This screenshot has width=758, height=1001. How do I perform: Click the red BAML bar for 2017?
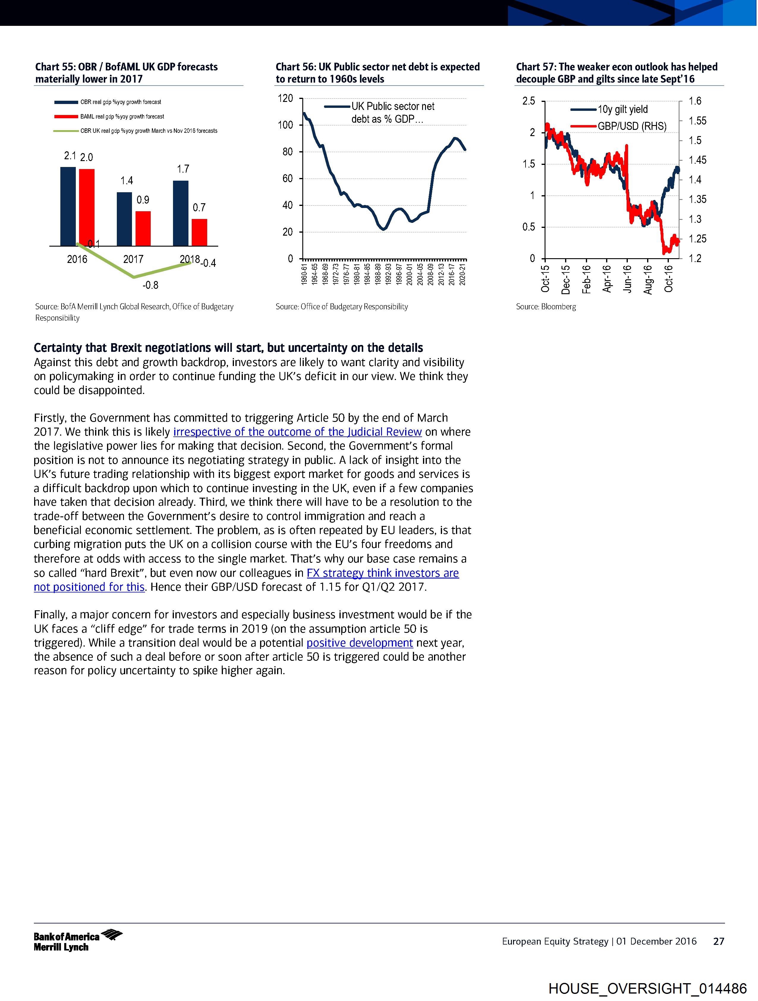coord(143,228)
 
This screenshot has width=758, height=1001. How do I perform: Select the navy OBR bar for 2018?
coord(181,213)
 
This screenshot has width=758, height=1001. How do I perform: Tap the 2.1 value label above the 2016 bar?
coord(70,156)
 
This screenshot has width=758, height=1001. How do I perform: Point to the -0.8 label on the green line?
coord(150,285)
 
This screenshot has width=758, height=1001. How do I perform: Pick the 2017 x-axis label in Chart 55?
coord(133,259)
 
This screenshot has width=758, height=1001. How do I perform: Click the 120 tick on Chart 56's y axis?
coord(285,98)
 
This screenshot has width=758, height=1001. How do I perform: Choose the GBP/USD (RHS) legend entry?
coord(632,126)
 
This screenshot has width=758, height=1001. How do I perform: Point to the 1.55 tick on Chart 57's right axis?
coord(697,121)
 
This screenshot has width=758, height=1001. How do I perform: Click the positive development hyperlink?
coord(359,643)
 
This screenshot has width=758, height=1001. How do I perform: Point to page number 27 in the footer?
coord(718,941)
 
